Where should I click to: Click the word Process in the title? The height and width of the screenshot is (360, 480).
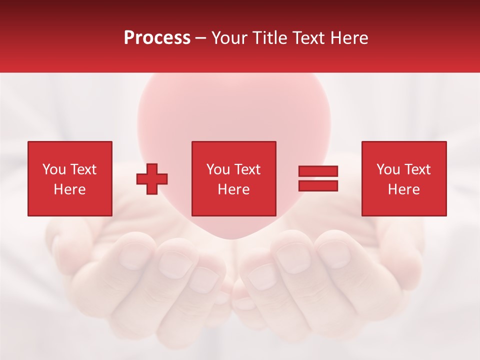tap(157, 38)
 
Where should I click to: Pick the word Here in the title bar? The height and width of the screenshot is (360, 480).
tap(349, 38)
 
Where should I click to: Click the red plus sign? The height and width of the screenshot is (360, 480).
tap(152, 178)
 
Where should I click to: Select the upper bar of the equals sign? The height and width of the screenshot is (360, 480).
tap(318, 171)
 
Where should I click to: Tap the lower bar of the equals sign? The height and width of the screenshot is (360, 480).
tap(318, 185)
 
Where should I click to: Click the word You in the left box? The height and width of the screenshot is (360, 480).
tap(54, 169)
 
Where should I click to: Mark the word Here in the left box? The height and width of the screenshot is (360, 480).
tap(69, 189)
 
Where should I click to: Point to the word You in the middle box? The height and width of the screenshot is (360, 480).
tap(218, 169)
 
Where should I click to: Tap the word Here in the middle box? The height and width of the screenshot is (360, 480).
tap(233, 189)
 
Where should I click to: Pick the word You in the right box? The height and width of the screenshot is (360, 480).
tap(388, 169)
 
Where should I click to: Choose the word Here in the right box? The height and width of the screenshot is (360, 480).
tap(403, 189)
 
